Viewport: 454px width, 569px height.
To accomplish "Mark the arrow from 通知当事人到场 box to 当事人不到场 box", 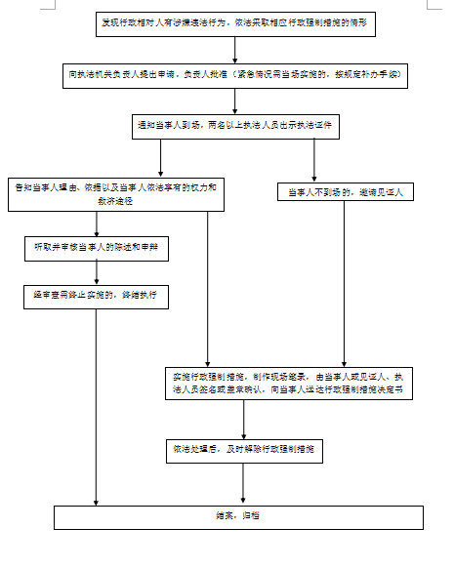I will [313, 158].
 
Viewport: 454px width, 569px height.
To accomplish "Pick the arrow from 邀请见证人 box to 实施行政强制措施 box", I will [344, 283].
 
